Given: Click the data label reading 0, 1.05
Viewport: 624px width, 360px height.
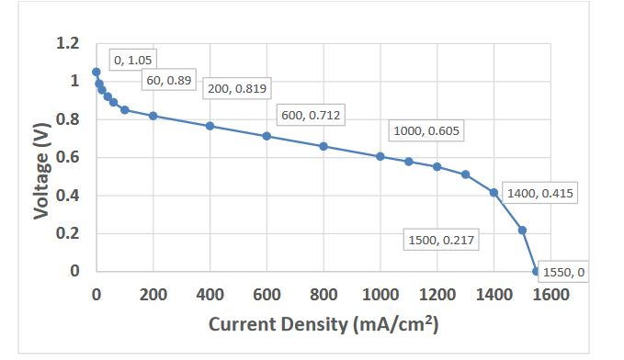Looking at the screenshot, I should (133, 60).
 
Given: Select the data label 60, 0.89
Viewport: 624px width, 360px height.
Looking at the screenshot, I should (168, 81).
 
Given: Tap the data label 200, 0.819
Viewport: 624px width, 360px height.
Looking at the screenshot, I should (237, 89).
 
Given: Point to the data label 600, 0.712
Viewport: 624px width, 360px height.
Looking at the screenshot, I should (310, 115).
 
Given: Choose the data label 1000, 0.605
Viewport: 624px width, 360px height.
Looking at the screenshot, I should (426, 131).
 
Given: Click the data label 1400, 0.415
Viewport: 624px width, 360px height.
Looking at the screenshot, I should (540, 195).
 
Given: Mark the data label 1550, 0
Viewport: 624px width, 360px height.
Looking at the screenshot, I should (563, 272).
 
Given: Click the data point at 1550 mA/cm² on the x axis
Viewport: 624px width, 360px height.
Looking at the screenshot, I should (536, 271).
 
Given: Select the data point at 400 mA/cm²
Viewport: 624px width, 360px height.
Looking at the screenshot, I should (210, 126).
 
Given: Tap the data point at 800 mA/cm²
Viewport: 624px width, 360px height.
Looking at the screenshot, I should (323, 146).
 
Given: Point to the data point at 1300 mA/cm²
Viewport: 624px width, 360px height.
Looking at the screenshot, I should (465, 174).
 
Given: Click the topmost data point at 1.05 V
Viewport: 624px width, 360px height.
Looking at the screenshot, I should (96, 72).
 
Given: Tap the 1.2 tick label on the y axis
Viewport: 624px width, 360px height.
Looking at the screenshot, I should (68, 43).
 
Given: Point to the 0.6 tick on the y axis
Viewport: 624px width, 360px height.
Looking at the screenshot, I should (68, 157).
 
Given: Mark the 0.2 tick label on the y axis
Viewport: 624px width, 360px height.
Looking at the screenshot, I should (68, 233).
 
